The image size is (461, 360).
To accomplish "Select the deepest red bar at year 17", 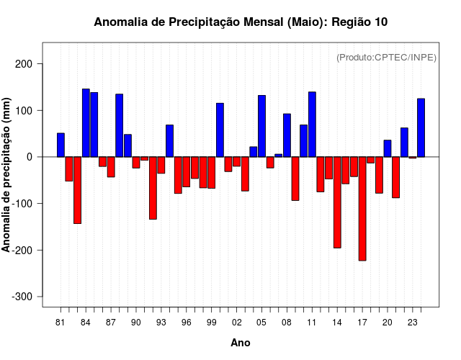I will point(362,209).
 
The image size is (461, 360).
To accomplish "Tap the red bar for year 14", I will point(337,202).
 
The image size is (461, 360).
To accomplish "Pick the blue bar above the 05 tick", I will point(261,126).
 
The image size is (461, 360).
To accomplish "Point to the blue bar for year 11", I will point(312,125).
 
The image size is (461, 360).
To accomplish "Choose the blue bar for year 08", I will point(287,135).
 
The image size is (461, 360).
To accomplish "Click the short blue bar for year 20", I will point(388,148).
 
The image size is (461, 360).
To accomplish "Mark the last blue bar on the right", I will point(421,127).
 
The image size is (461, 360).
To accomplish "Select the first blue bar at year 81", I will point(61,145).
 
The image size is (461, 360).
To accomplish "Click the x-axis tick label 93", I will point(161,323).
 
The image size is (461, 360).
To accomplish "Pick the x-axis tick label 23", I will point(413,323).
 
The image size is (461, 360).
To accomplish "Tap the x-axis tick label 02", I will point(237,323).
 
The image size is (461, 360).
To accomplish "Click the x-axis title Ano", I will point(241,343).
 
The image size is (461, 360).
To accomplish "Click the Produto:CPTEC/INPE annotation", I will point(387,57).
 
